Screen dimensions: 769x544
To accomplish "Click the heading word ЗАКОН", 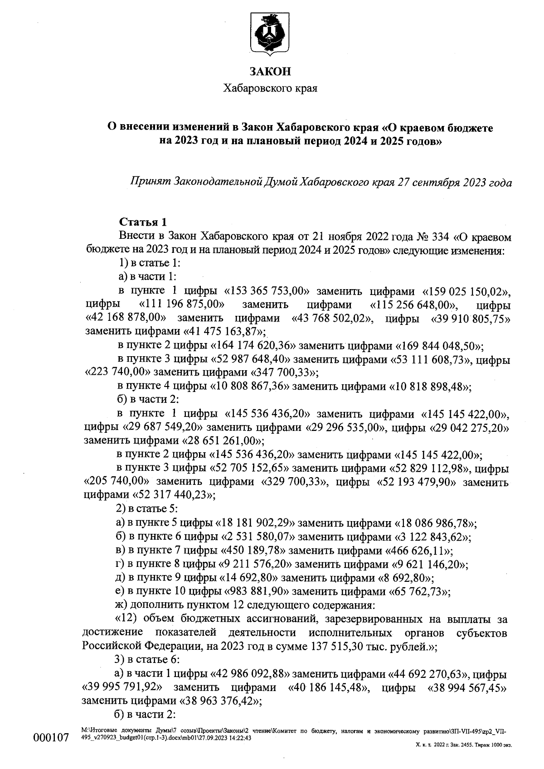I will [x=270, y=71].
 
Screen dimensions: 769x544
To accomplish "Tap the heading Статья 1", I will [x=142, y=222].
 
